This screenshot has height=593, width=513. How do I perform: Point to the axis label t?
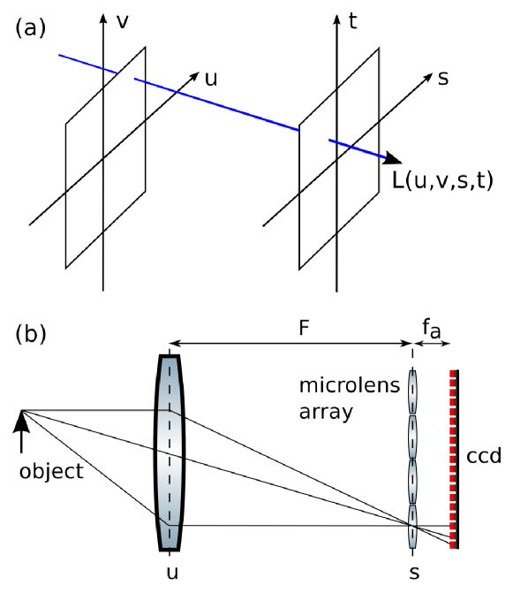(x=353, y=22)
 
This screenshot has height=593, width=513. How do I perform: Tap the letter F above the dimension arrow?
(x=303, y=328)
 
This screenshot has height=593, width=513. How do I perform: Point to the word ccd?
(x=483, y=457)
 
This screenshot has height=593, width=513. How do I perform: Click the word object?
(x=51, y=470)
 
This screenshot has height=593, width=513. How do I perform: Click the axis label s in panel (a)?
(x=442, y=77)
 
